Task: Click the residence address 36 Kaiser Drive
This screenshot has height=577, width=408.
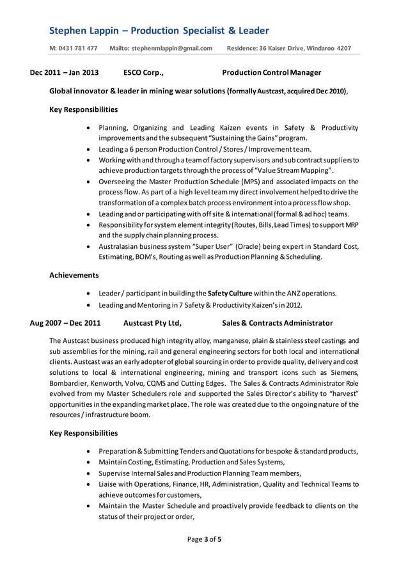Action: [x=295, y=48]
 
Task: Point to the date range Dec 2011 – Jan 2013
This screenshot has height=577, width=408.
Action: [x=65, y=73]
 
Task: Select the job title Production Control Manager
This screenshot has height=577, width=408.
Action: [x=271, y=73]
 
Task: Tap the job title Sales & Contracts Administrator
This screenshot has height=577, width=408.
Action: [x=277, y=322]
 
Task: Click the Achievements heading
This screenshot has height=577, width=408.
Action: [x=74, y=275]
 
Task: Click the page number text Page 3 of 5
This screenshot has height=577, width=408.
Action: [x=204, y=539]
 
